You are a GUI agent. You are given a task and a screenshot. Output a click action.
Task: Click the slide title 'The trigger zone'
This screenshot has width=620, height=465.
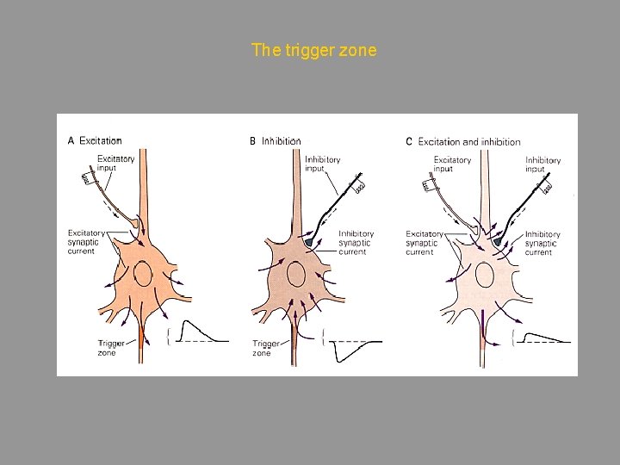coord(313,50)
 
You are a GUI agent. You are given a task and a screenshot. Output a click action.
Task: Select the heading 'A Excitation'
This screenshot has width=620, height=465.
coord(95,140)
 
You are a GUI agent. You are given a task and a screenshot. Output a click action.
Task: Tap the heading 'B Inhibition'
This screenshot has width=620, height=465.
coord(275,140)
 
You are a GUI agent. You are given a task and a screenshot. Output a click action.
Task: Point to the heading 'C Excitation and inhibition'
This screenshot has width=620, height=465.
coord(462,141)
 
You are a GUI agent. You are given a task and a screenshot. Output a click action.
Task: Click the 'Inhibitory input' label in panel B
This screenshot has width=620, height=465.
coord(323,164)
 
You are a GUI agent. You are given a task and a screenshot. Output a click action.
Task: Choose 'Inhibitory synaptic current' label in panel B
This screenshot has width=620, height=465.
coord(356,242)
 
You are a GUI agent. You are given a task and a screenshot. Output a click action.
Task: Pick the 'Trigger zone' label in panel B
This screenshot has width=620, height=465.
coord(262,348)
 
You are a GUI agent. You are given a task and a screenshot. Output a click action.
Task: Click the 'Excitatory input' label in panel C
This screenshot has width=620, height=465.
coord(452,164)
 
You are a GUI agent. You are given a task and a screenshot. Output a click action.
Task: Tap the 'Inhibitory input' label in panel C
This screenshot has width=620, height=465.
coord(542,164)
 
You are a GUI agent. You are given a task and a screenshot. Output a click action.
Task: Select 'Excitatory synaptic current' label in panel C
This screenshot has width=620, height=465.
coord(424,243)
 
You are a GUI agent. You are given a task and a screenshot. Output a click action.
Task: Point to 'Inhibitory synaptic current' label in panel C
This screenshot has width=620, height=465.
coord(542,243)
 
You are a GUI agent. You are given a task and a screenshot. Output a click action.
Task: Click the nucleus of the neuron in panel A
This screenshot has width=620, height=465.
coord(142,275)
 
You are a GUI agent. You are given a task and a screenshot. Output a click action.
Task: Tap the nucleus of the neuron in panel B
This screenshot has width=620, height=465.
coord(296,275)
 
